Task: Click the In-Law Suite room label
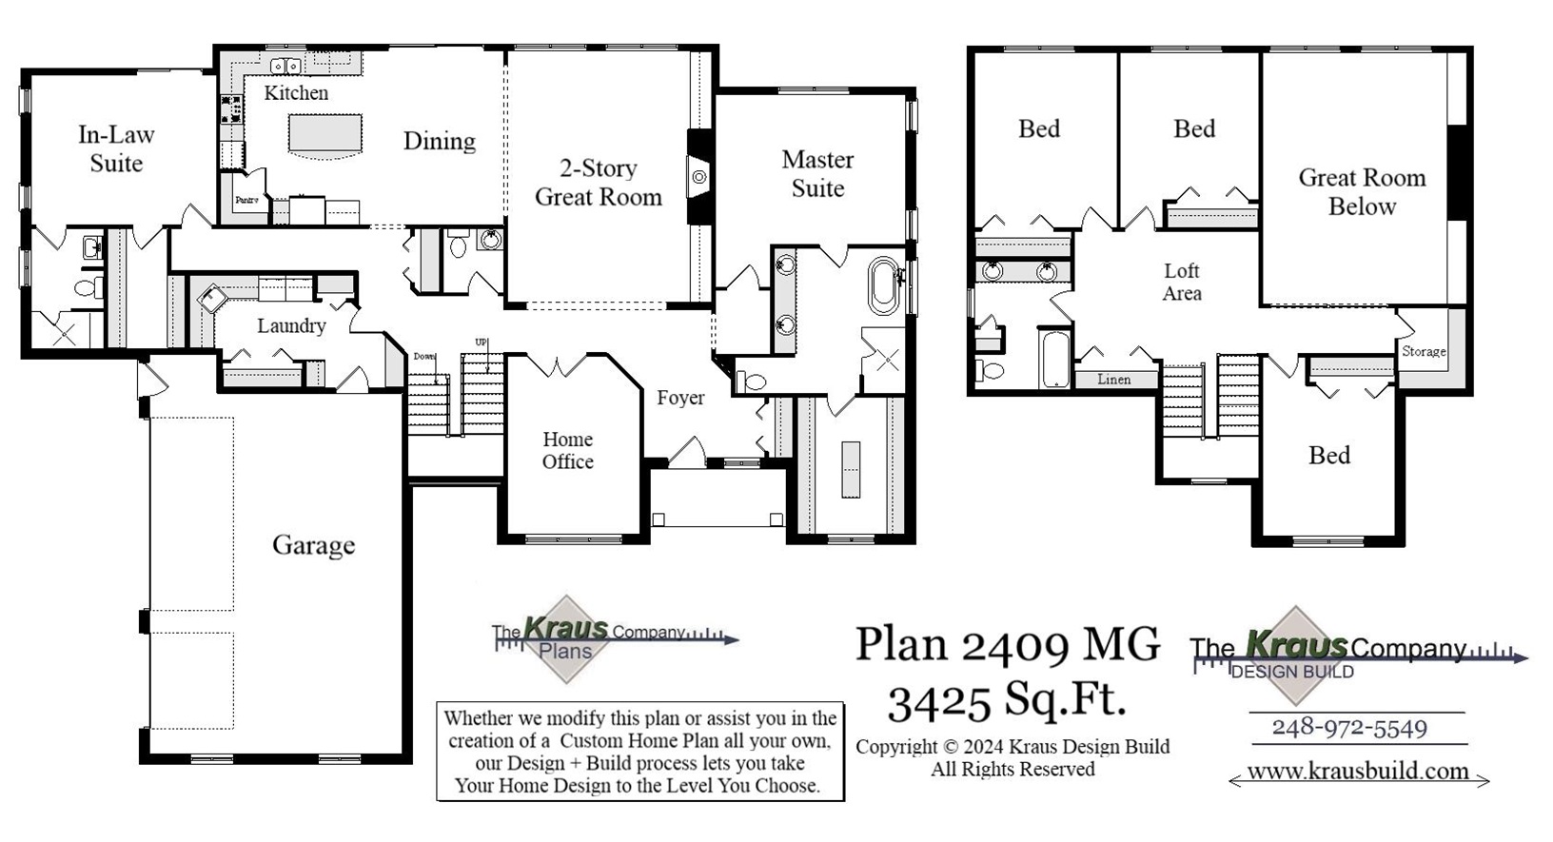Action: pos(116,149)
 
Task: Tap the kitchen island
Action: pos(325,134)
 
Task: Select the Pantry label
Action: pos(246,201)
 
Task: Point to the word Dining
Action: pos(439,141)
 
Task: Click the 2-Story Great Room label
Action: pos(598,183)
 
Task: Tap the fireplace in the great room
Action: pos(699,177)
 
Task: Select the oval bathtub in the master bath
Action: pos(883,285)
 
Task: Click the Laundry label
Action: pos(291,325)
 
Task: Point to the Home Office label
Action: pos(568,450)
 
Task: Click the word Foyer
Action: pos(680,398)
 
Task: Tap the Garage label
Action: pos(313,545)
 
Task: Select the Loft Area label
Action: pos(1182,283)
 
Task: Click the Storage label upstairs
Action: pos(1424,351)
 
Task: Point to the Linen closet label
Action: pos(1113,379)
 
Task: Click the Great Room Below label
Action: pos(1362,191)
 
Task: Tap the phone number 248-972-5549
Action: pos(1349,728)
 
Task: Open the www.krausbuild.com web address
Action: pos(1358,771)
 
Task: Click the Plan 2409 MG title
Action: pos(1007,644)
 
